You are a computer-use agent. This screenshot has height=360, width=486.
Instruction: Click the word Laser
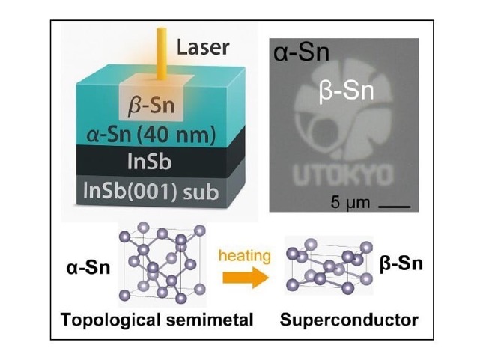[x=203, y=47]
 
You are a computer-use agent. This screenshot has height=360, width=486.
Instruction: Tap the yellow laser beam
[x=161, y=53]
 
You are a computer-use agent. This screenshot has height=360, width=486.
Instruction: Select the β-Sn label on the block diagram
[x=151, y=105]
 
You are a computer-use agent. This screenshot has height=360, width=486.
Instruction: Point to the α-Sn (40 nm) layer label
[x=151, y=135]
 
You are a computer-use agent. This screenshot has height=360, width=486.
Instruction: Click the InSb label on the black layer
[x=150, y=162]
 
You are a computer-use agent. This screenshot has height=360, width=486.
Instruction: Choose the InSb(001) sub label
[x=151, y=191]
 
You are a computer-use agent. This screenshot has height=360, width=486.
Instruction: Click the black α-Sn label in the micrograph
[x=301, y=52]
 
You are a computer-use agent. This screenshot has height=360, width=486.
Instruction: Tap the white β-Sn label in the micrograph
[x=346, y=91]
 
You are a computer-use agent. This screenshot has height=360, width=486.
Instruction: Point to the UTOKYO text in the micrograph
[x=344, y=176]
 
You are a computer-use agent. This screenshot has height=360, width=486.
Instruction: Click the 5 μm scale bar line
[x=395, y=206]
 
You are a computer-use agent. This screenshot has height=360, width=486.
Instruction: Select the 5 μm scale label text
[x=350, y=203]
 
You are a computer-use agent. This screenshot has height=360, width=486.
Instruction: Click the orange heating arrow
[x=246, y=277]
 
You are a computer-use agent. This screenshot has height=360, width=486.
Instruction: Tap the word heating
[x=245, y=256]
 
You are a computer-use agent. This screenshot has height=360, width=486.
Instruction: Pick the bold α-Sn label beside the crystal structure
[x=88, y=268]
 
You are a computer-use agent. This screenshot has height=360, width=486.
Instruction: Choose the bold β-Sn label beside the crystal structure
[x=401, y=264]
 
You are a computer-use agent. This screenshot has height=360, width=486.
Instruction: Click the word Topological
[x=112, y=320]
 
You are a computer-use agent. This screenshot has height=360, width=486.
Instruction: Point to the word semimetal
[x=210, y=320]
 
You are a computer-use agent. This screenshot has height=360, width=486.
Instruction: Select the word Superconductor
[x=349, y=320]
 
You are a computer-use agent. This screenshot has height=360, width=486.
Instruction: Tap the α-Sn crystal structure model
[x=162, y=263]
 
